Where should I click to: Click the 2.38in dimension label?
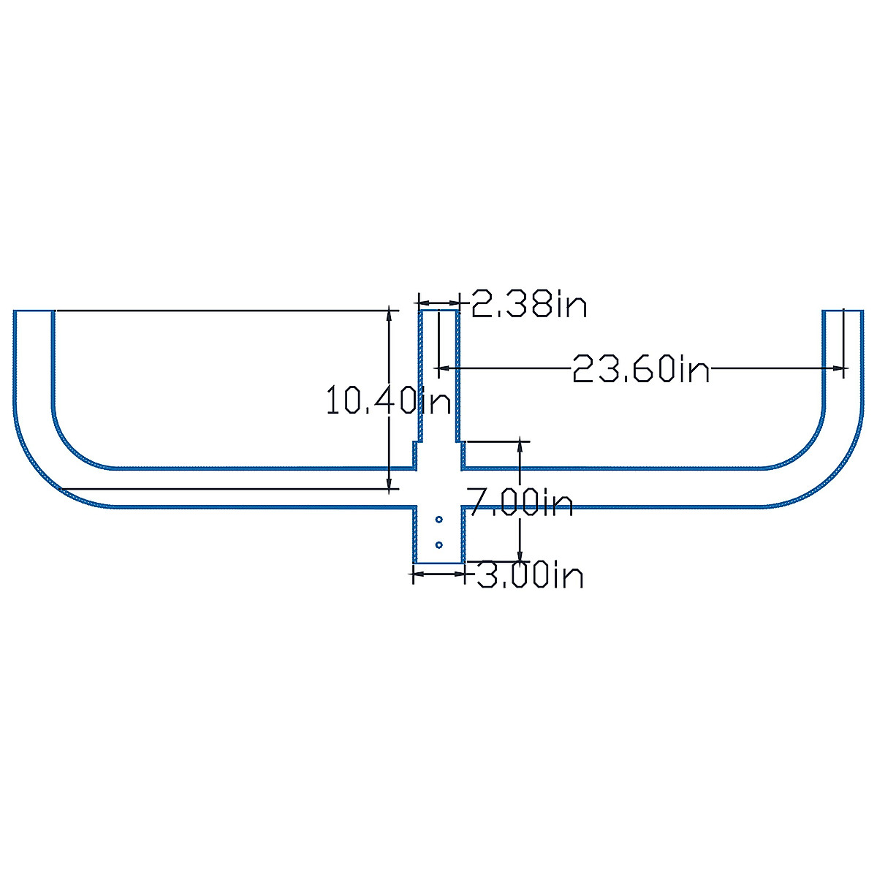[528, 303]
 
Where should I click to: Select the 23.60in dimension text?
[640, 368]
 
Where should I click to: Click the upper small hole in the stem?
[438, 519]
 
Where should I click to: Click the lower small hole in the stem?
[438, 544]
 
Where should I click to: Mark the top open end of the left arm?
[34, 311]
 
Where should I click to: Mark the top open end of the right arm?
[843, 311]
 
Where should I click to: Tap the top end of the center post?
[438, 311]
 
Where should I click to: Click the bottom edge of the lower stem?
[438, 563]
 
